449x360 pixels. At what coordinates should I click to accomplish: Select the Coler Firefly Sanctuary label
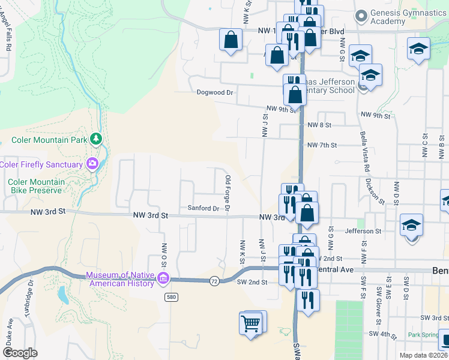(41, 164)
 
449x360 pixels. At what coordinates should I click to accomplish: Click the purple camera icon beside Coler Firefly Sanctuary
(92, 163)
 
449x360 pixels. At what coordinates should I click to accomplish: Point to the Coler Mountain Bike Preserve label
(35, 186)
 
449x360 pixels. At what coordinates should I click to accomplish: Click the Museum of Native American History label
(120, 279)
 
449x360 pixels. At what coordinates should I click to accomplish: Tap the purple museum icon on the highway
(163, 278)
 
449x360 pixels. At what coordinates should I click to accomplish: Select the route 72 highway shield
(214, 280)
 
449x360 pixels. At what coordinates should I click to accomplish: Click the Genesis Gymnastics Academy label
(400, 17)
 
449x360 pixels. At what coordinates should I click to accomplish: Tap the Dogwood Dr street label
(214, 92)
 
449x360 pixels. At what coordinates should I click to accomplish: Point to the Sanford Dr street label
(203, 208)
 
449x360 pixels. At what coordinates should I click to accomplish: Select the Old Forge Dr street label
(228, 193)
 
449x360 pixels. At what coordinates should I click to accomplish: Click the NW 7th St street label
(322, 145)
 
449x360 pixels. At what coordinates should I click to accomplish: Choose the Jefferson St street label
(364, 231)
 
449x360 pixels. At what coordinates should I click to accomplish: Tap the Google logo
(19, 353)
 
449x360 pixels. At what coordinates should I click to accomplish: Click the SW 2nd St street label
(252, 282)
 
